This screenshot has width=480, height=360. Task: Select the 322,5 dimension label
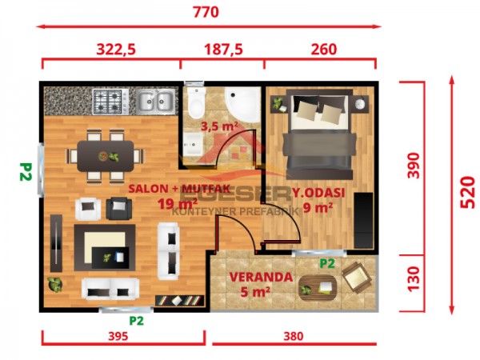coord(116,50)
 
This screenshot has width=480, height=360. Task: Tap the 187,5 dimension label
coord(222,50)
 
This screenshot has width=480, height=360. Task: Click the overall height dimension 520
coord(468,192)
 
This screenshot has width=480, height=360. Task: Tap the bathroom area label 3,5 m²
coord(219,126)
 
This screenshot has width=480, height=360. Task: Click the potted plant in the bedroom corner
coord(278,103)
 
